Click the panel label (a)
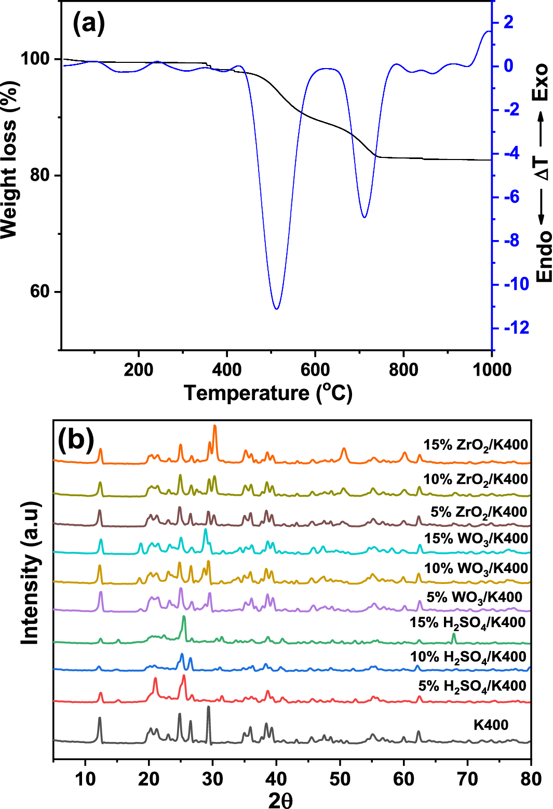pyautogui.click(x=89, y=24)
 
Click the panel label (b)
pyautogui.click(x=76, y=440)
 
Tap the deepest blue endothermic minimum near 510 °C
pyautogui.click(x=276, y=309)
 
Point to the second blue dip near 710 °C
pyautogui.click(x=365, y=217)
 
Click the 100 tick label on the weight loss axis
pyautogui.click(x=35, y=59)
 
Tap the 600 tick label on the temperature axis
pyautogui.click(x=315, y=370)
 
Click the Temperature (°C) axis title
pyautogui.click(x=268, y=393)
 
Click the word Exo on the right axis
pyautogui.click(x=541, y=82)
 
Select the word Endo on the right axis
pyautogui.click(x=544, y=257)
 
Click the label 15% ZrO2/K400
pyautogui.click(x=476, y=445)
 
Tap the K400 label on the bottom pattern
pyautogui.click(x=491, y=725)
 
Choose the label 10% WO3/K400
pyautogui.click(x=476, y=569)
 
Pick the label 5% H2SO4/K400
pyautogui.click(x=472, y=686)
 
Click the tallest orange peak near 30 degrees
pyautogui.click(x=215, y=426)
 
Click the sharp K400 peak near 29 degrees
pyautogui.click(x=208, y=707)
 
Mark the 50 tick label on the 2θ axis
pyautogui.click(x=340, y=779)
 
